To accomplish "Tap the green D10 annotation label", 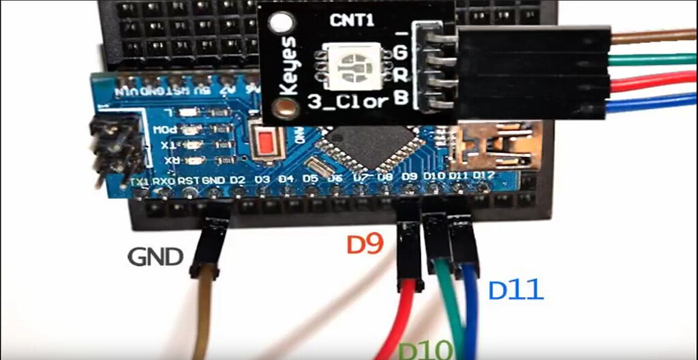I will pos(425,350).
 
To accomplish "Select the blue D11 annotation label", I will pos(516,291).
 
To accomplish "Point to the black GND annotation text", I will pos(155,257).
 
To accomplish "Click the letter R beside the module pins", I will pos(401,74).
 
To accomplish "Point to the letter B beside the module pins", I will pos(401,99).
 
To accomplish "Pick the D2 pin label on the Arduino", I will pos(237,180).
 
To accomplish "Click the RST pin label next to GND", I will pos(187,181).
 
